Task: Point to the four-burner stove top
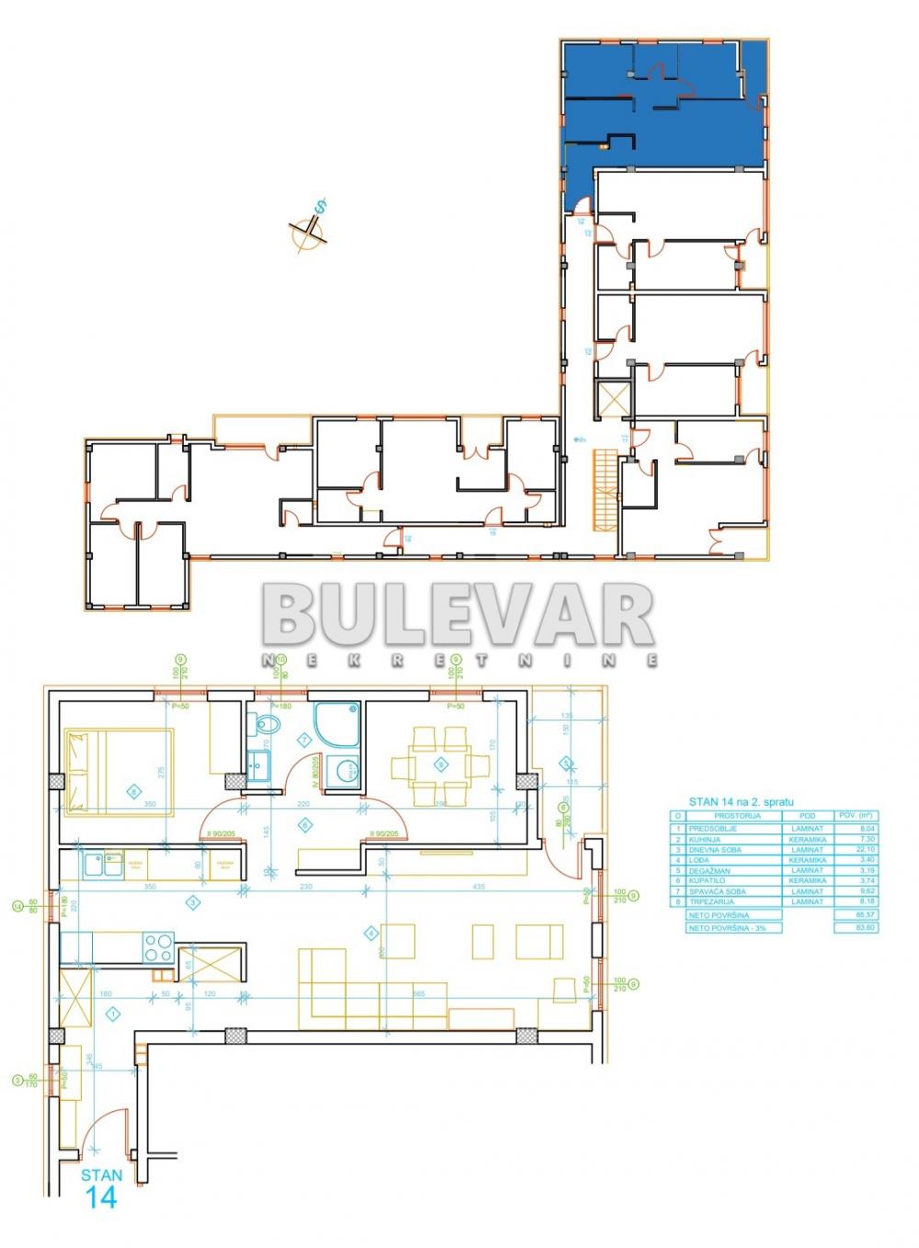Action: click(158, 946)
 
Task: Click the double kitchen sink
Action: click(102, 864)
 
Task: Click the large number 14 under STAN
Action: click(101, 1197)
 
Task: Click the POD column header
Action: click(807, 816)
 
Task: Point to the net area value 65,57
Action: click(855, 915)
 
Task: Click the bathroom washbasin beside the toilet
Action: click(258, 764)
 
